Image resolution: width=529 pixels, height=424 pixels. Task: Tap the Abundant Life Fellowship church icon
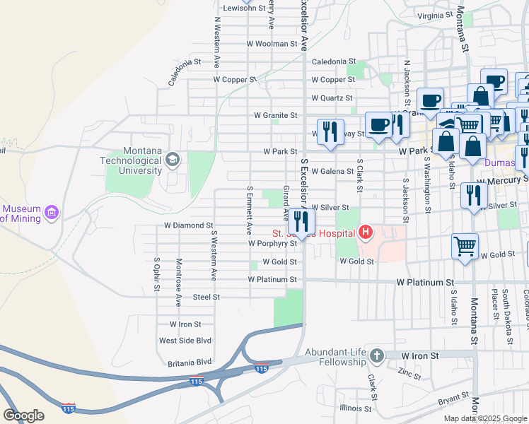(376, 355)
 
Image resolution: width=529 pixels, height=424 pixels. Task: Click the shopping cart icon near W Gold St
(465, 247)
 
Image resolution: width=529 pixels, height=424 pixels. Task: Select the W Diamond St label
(188, 226)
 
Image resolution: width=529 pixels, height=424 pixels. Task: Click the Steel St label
(207, 298)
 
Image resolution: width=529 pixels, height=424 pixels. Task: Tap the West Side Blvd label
(185, 341)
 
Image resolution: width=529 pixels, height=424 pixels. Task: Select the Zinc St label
(409, 372)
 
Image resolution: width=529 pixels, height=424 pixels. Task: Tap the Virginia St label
(434, 16)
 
